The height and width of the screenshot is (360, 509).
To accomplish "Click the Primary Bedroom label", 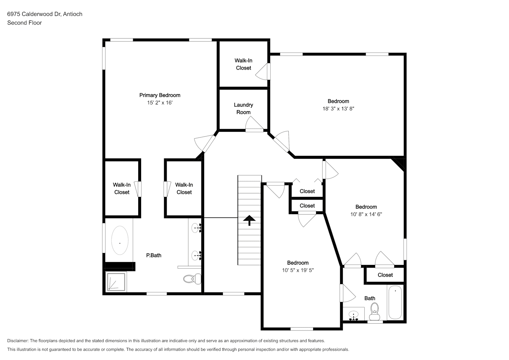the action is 160,95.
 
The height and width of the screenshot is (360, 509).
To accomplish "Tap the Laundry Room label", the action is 243,108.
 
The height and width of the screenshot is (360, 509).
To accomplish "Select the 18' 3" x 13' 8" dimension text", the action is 338,109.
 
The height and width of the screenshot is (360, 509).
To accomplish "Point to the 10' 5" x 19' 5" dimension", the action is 298,270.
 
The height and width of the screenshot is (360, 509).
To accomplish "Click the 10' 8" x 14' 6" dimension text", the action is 366,214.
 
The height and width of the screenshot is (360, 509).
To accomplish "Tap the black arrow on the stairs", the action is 249,220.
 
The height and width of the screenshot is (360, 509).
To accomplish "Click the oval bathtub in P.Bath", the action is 120,240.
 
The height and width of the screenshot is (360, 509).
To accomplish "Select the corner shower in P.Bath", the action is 116,282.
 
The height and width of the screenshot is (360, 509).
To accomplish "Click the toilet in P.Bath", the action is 192,279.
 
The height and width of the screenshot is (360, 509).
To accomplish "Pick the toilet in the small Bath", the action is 374,312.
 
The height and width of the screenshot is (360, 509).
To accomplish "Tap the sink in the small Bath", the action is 353,315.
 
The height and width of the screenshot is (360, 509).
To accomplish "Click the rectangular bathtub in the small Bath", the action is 395,302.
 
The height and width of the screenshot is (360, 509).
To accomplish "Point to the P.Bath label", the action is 154,256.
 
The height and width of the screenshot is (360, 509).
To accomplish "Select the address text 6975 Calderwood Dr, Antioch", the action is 45,14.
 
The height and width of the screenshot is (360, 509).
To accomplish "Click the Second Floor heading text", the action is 24,23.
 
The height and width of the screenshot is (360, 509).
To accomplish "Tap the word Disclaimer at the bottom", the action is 18,341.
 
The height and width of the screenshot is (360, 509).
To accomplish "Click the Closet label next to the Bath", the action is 385,275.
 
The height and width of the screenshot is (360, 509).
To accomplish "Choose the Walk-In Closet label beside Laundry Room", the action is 243,64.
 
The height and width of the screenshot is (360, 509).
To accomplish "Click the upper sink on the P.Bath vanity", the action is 195,228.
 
